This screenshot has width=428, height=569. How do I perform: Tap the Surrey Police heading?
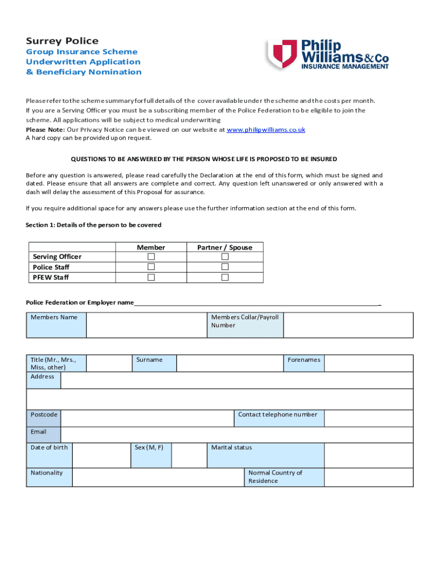[x=62, y=41]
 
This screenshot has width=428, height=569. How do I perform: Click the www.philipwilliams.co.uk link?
[x=266, y=129]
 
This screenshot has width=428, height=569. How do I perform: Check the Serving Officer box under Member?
[x=151, y=257]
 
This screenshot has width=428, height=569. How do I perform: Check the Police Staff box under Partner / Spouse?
[x=225, y=267]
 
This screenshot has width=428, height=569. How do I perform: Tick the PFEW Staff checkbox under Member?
[x=151, y=277]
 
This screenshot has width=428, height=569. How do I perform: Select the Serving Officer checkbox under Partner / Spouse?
[x=225, y=257]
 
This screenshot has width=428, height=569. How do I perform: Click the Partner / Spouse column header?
[x=225, y=247]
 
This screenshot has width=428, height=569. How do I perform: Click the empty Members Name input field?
[x=146, y=325]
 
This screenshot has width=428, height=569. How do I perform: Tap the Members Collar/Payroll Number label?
[x=245, y=321]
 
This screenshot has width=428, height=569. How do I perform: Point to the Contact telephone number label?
[x=277, y=415]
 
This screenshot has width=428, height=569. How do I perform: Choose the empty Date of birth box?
[x=101, y=455]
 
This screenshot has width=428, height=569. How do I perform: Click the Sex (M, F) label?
[x=149, y=447]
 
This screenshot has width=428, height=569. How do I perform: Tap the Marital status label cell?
[x=265, y=455]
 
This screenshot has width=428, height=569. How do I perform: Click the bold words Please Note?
[x=45, y=129]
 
